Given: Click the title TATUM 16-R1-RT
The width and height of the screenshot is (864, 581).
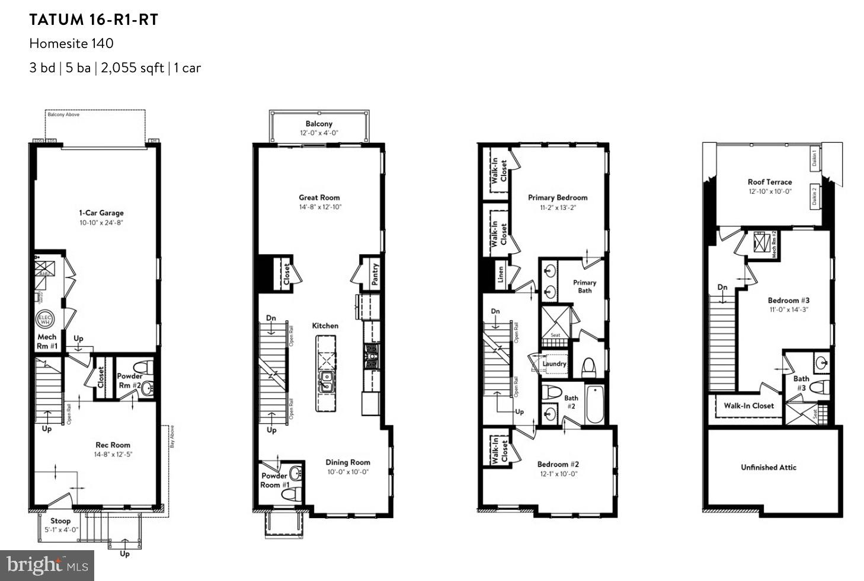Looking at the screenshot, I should pos(94,20).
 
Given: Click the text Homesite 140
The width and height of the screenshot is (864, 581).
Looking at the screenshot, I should pos(71,43).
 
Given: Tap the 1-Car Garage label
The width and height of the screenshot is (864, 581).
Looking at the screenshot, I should pos(101,213).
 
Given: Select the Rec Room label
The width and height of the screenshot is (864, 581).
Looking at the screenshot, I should pos(113,445).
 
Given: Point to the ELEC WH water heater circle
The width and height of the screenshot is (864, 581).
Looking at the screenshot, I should pos(46,319).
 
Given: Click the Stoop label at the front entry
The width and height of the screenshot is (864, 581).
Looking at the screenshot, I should pos(60,521).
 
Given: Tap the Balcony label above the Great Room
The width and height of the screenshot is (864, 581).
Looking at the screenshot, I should pos(319,124).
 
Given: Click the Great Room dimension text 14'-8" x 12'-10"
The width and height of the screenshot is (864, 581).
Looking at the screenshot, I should pos(319,207).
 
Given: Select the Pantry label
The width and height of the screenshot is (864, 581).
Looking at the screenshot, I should pos(375,274).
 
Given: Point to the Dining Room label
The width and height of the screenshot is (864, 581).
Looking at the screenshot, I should pos(348,462).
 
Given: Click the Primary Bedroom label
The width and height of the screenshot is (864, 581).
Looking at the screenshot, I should pos(558,197).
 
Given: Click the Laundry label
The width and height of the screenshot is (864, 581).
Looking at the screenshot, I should pos(555,363).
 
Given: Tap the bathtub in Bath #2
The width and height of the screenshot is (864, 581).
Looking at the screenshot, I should pos(594,404).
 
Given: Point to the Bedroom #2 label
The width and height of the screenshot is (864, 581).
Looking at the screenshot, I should pos(558,464).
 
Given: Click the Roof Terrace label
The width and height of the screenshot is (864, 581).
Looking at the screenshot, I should pos(769,182).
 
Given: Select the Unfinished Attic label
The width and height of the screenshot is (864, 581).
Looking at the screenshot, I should pos(769,467).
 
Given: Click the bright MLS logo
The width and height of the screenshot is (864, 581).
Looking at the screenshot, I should pos(47,566).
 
